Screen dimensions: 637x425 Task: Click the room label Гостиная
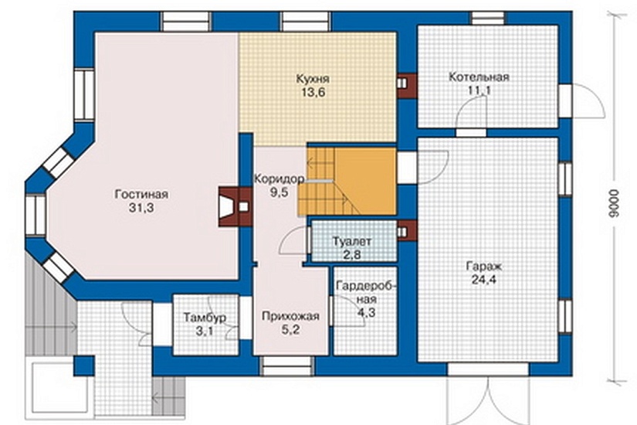tap(141, 195)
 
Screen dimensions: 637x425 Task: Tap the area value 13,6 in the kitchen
tap(313, 92)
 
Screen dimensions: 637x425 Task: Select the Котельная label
tap(479, 76)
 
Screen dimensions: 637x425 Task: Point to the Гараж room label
tap(484, 267)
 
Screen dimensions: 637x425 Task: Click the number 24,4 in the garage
tap(484, 280)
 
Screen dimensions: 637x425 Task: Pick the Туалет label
tap(352, 242)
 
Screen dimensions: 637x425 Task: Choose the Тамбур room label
tap(205, 318)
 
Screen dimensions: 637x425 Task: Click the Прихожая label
tap(290, 316)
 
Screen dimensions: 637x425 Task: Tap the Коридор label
tap(279, 178)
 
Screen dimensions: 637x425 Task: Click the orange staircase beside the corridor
tap(347, 181)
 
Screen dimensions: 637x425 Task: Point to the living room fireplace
tap(235, 206)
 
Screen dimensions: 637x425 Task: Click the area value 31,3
tap(141, 208)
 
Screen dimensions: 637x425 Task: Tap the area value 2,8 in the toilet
tap(352, 255)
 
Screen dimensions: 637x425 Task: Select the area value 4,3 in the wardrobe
tap(367, 313)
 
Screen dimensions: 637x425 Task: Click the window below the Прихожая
tap(288, 366)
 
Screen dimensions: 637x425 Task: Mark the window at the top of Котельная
tap(488, 19)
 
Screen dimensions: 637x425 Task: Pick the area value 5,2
tap(290, 329)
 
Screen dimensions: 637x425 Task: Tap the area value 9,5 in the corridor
tap(280, 192)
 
